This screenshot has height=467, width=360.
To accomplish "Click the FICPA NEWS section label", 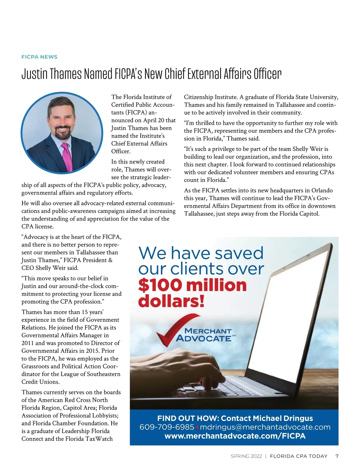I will (x=39, y=57).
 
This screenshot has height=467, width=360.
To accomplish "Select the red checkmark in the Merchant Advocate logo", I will (x=174, y=329).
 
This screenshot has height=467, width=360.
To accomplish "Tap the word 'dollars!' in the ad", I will (x=171, y=301).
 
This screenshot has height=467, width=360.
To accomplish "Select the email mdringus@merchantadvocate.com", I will (x=265, y=427).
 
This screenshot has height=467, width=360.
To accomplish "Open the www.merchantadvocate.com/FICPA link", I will (x=235, y=436).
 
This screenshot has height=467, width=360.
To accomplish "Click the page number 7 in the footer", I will (x=337, y=456).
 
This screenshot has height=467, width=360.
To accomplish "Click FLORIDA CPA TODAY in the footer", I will (x=298, y=456).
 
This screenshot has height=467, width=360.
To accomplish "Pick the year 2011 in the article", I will (x=28, y=343).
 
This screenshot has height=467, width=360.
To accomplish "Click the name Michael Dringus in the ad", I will (x=283, y=418).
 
